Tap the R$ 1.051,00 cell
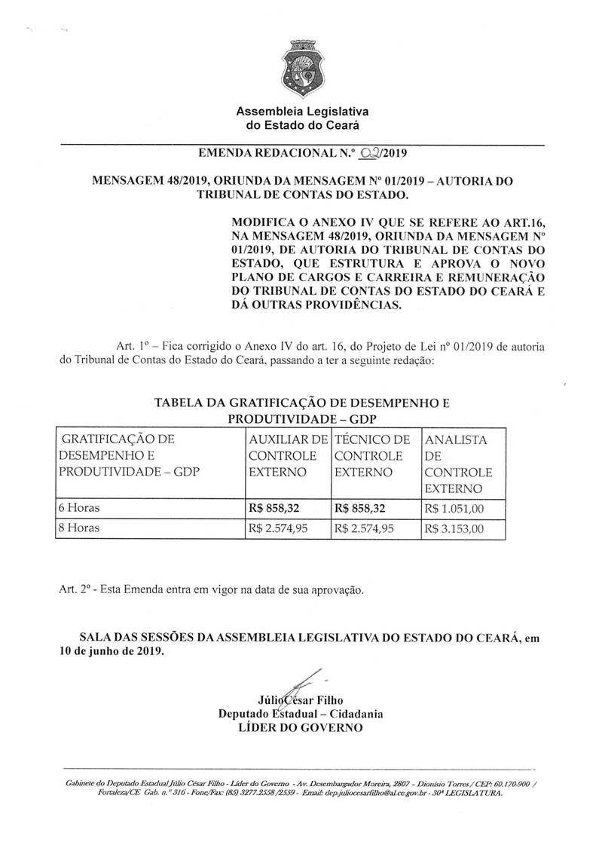tap(454, 509)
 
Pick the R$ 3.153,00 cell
tap(454, 529)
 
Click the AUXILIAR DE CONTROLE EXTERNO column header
tap(287, 456)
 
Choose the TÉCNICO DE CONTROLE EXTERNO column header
tap(373, 456)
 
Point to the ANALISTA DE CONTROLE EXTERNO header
tap(460, 464)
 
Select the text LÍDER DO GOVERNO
tap(300, 727)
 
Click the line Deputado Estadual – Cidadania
tap(301, 713)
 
